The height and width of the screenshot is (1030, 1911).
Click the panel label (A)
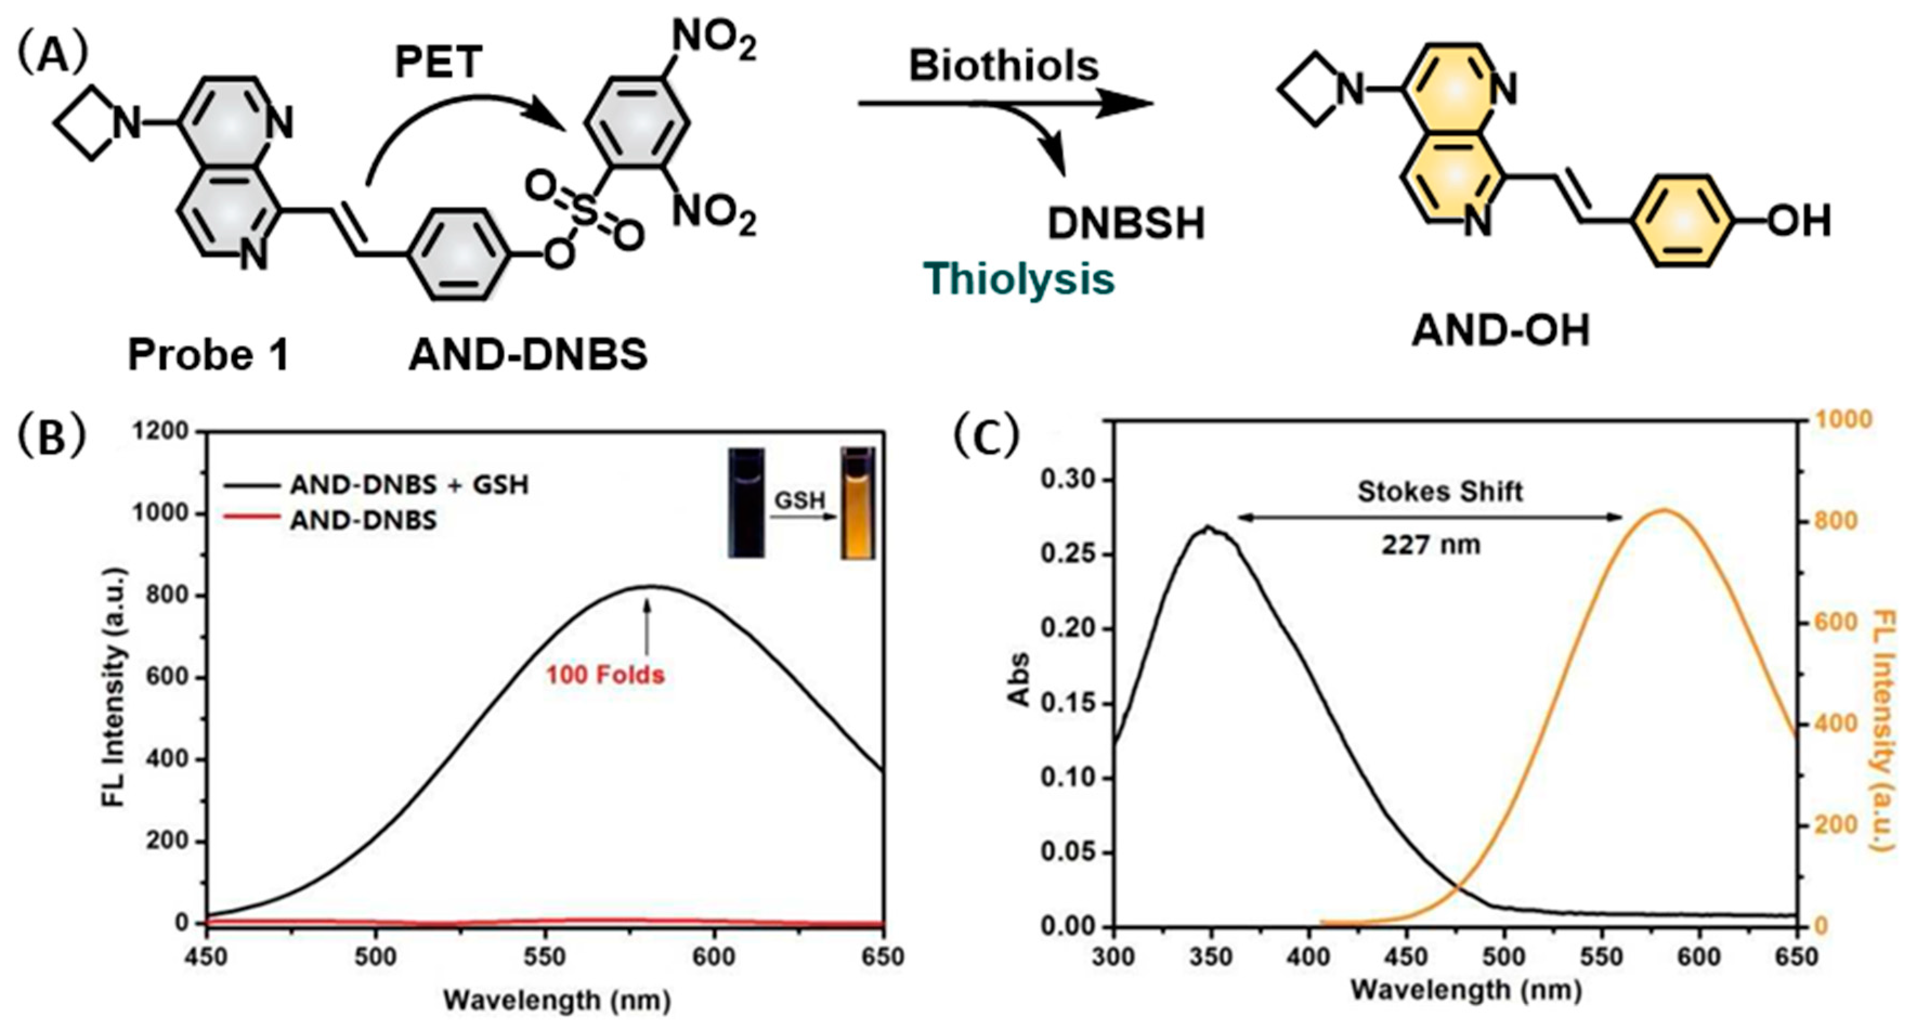point(53,56)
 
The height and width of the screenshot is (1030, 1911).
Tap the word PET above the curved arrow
point(439,62)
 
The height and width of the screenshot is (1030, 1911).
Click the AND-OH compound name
point(1500,331)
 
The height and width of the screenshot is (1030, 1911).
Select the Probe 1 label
point(208,355)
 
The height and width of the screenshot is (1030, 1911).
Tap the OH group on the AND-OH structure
point(1798,221)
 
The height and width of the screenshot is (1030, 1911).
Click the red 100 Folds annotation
point(605,675)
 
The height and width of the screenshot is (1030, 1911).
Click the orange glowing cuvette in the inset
point(858,505)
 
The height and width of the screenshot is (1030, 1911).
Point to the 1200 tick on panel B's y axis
point(162,431)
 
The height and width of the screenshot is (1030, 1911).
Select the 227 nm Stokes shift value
point(1430,545)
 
